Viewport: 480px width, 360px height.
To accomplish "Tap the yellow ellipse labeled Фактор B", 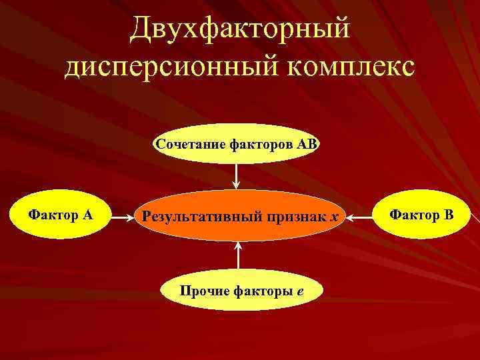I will (x=421, y=215).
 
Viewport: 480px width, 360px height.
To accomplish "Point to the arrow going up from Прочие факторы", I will (x=237, y=256).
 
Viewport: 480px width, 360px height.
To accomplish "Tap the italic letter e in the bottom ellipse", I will (x=301, y=291).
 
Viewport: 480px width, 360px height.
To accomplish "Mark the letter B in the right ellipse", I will (x=448, y=215).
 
